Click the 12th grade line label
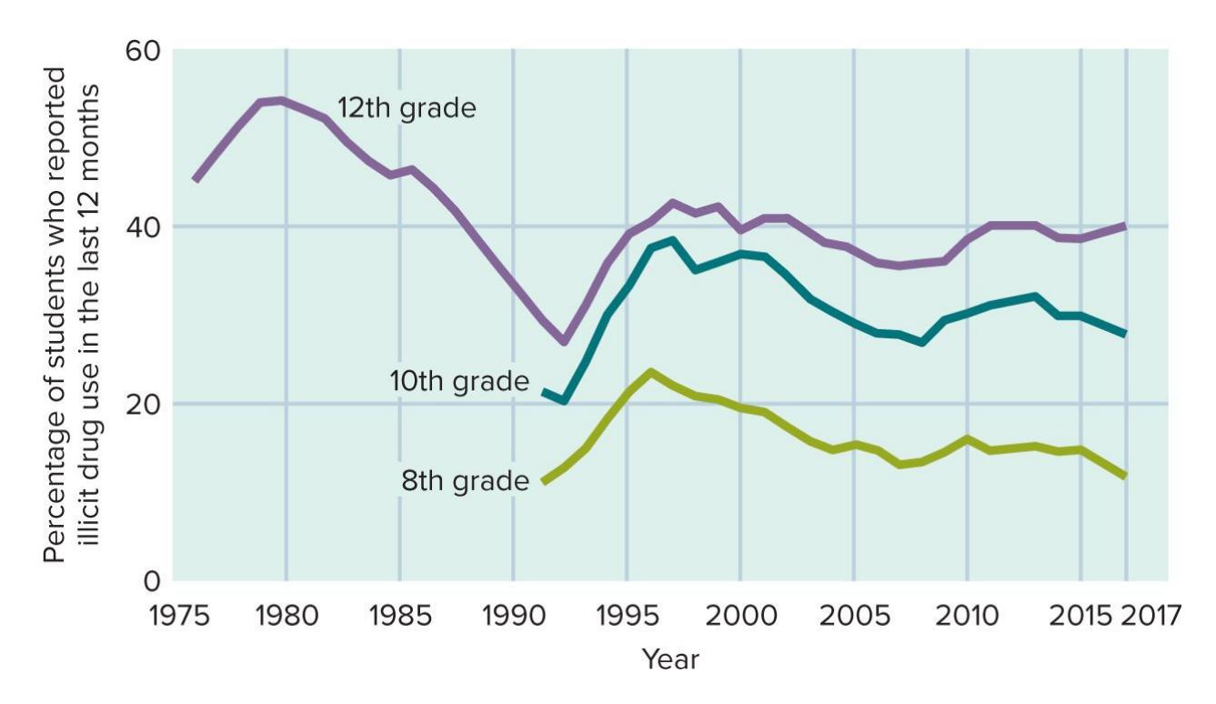[407, 108]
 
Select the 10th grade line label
[459, 382]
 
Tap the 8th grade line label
[465, 479]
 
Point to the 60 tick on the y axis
[141, 50]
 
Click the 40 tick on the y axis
[141, 226]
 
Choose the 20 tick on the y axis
[141, 403]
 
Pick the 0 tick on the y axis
[151, 579]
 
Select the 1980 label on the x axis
[286, 616]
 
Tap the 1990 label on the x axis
[513, 616]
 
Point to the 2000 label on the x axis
[740, 616]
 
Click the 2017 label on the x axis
[1149, 616]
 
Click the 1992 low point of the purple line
[564, 341]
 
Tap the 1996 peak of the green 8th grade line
[650, 372]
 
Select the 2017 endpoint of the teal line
[1125, 334]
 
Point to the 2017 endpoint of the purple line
[1125, 225]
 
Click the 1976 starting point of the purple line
[195, 180]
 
